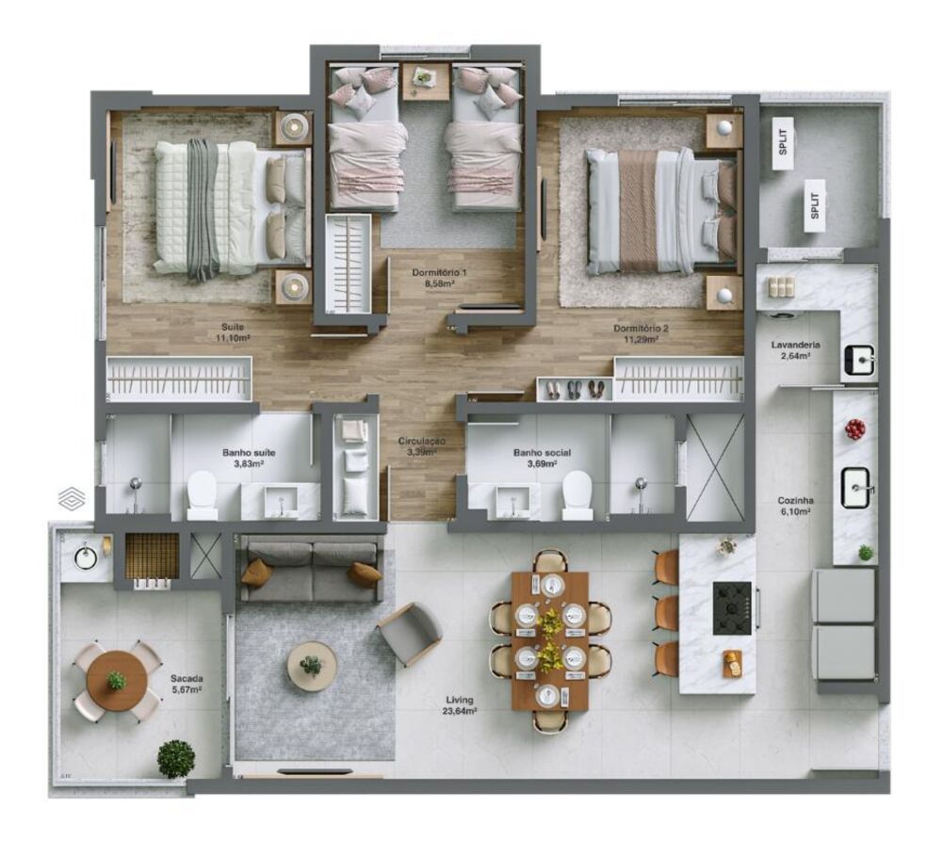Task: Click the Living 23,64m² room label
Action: [x=461, y=705]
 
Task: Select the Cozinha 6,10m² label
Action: [x=795, y=507]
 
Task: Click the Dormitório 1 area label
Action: [x=439, y=278]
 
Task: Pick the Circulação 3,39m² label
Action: [x=421, y=445]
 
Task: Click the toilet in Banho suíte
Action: [x=202, y=495]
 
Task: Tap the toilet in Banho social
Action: [x=577, y=495]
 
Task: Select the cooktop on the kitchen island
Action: [x=732, y=607]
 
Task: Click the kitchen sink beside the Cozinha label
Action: [x=856, y=488]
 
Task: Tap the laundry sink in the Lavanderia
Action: [x=858, y=359]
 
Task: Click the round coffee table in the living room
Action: [x=312, y=666]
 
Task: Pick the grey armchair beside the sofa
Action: [x=410, y=633]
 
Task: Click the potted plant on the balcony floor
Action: [x=176, y=758]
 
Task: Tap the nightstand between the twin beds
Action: [x=426, y=82]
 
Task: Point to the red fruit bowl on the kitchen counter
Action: [x=855, y=429]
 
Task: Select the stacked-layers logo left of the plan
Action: [x=71, y=498]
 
